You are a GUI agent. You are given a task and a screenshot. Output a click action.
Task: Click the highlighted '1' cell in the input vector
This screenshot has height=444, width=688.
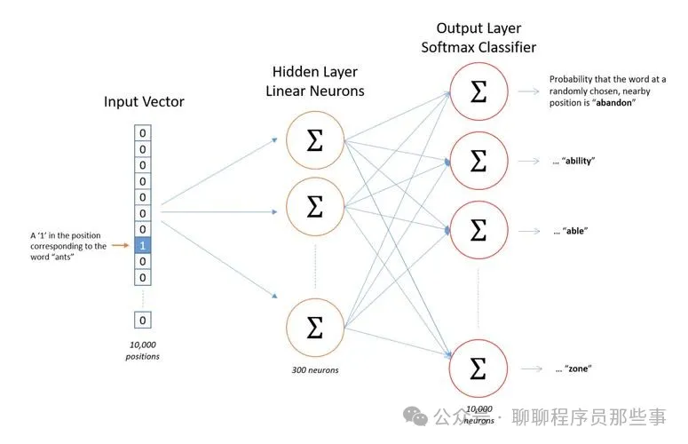pos(144,245)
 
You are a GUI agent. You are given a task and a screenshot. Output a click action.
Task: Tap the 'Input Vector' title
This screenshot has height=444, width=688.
pos(144,101)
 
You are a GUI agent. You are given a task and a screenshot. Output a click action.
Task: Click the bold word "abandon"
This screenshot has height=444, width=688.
pos(612,103)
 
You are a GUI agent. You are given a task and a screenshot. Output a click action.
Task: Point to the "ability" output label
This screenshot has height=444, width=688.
pos(573,161)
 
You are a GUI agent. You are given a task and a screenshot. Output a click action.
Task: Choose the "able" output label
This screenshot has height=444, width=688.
pos(572,230)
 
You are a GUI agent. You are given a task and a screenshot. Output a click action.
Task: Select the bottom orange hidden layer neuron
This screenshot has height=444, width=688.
pos(314,329)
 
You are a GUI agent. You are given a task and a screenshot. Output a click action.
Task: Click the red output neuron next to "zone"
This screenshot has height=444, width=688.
pos(478,366)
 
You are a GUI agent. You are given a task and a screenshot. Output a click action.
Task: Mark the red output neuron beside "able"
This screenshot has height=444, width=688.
pos(478,230)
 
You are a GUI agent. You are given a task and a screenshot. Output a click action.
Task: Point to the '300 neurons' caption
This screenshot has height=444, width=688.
pos(315,369)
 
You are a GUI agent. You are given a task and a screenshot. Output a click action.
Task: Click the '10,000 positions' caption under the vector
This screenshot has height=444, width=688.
pos(144,349)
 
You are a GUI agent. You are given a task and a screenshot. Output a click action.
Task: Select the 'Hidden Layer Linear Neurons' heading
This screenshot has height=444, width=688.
pos(314,83)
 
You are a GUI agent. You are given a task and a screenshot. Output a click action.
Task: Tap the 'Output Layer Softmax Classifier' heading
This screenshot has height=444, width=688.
pos(478,38)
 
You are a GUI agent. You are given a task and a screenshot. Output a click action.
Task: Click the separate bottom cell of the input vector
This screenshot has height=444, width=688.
pos(144,320)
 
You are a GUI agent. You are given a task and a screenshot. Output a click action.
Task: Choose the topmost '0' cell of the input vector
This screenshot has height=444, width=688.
pos(144,132)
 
